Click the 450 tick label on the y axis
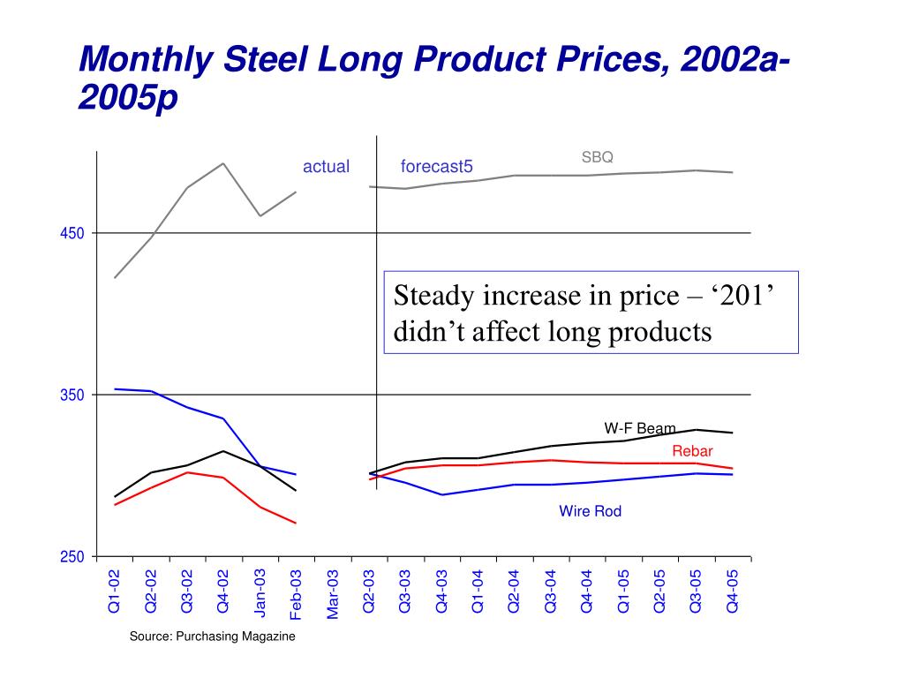[x=72, y=234]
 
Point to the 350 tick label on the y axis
[x=72, y=395]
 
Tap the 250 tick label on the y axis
[x=72, y=557]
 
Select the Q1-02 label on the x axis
[x=115, y=591]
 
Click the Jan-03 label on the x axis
[x=260, y=591]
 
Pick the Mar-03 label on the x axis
[x=333, y=593]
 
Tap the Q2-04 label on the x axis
[x=515, y=591]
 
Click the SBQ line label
[x=597, y=157]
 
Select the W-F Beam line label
[x=640, y=429]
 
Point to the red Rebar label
[x=692, y=452]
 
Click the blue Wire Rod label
[x=590, y=511]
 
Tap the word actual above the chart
[x=326, y=167]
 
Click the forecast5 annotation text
[x=436, y=167]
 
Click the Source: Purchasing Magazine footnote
[x=212, y=637]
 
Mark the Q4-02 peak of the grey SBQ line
[x=223, y=163]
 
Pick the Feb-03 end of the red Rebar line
[x=296, y=524]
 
